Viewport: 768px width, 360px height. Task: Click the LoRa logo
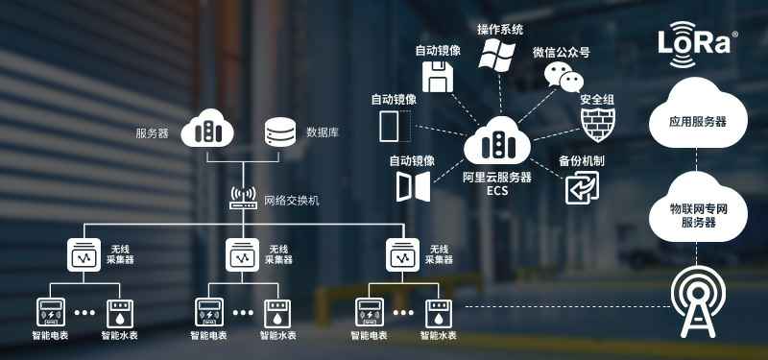(x=698, y=43)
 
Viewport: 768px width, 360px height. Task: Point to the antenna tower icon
(x=698, y=301)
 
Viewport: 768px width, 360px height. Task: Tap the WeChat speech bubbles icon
(x=564, y=77)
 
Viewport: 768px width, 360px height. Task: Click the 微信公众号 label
(x=562, y=53)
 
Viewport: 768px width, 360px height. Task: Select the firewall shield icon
(x=597, y=125)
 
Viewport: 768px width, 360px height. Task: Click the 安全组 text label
(x=597, y=100)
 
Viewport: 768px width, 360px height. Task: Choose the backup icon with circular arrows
(x=582, y=187)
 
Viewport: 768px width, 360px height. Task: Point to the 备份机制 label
(x=582, y=161)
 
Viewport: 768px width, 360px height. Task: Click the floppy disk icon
(x=438, y=77)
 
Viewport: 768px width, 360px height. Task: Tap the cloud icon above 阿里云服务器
(x=497, y=141)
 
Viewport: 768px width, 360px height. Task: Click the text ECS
(x=497, y=190)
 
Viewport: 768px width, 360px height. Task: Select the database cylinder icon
(x=280, y=132)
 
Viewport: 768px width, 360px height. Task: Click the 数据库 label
(x=323, y=132)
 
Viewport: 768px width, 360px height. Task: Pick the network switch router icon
(x=243, y=199)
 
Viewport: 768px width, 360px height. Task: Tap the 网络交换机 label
(x=292, y=201)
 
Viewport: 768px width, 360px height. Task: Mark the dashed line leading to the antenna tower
(x=566, y=306)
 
